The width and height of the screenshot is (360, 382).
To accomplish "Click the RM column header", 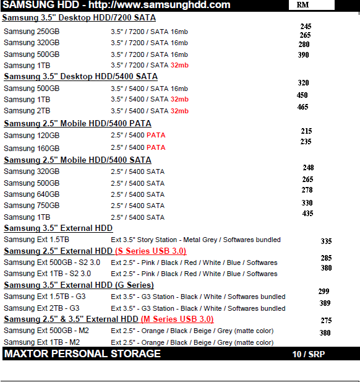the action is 303,5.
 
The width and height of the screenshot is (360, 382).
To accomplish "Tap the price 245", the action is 306,27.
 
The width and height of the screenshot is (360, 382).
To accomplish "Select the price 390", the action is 303,54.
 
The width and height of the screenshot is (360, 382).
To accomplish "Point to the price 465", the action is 302,107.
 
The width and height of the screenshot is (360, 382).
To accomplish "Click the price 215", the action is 306,131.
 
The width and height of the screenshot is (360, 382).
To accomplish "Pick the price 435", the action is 307,214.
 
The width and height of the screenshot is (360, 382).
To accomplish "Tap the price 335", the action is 326,241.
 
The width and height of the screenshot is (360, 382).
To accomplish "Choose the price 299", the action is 324,291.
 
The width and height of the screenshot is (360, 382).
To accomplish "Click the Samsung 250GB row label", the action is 32,32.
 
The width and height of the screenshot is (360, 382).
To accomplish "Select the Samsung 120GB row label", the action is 32,136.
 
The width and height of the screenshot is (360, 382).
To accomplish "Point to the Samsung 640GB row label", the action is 32,194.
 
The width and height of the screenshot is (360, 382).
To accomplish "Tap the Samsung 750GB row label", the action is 32,206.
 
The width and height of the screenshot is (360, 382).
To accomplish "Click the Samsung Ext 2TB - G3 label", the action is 41,308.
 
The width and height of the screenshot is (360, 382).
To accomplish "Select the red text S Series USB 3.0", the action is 151,251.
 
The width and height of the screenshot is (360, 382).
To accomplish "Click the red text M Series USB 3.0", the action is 177,319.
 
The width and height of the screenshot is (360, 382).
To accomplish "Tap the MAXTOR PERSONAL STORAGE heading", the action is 82,354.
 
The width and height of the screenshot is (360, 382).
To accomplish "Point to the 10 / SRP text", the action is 308,355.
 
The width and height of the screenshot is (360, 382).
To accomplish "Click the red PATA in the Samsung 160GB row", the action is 155,148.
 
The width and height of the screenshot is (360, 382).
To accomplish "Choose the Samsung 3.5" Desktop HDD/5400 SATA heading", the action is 80,77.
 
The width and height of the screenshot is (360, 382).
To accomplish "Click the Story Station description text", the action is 195,240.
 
